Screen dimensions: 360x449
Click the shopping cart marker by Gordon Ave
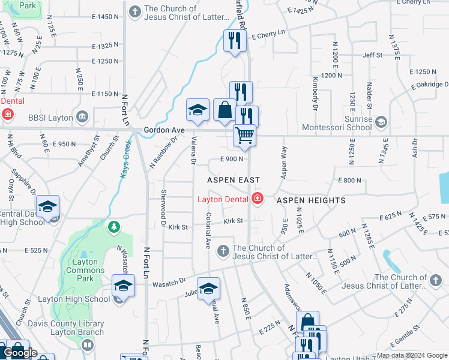244,136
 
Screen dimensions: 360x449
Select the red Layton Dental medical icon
258,197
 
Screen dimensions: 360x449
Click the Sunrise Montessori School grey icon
380,122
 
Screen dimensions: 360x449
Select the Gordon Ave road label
163,130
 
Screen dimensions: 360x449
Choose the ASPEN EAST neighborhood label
234,180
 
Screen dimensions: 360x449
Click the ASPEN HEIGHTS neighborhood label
311,200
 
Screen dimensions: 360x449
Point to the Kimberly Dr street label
314,93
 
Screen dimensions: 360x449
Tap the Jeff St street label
372,55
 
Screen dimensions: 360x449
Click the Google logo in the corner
20,353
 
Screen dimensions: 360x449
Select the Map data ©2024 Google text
412,355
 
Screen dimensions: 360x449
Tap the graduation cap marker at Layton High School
123,285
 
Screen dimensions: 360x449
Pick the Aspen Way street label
283,162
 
